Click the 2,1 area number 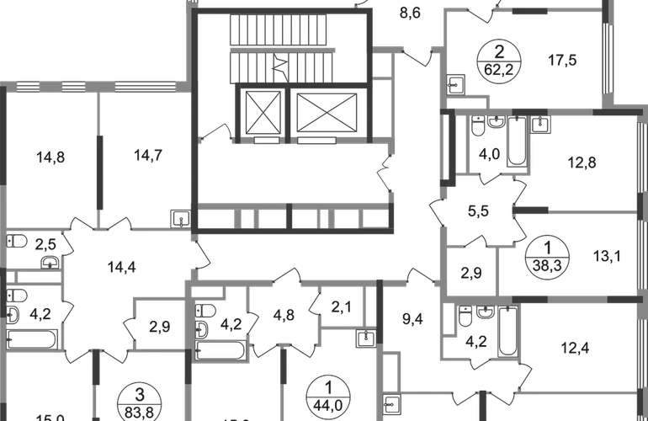(x=340, y=306)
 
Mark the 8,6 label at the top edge (x=411, y=12)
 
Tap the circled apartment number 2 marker (x=498, y=61)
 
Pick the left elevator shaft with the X (x=262, y=111)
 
